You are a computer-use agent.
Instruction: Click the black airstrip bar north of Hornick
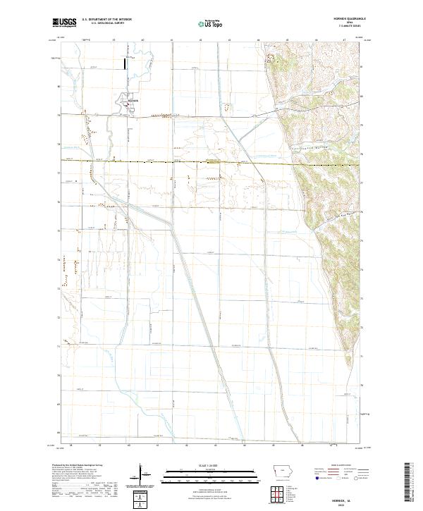click(x=127, y=64)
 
